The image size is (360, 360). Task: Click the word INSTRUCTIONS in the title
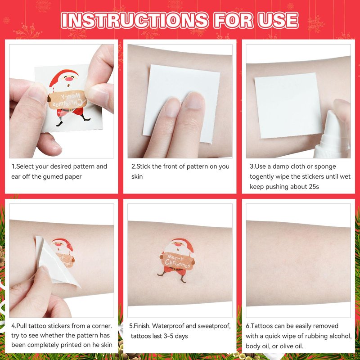(x=135, y=20)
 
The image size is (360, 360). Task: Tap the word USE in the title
(x=278, y=20)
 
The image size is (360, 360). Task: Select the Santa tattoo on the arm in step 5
(x=177, y=260)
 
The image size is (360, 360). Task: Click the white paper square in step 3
(x=288, y=106)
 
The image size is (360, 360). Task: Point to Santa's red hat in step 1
(x=63, y=76)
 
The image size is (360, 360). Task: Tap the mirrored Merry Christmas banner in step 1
(x=68, y=100)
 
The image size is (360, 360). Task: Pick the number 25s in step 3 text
(x=314, y=186)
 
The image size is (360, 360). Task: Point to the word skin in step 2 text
(x=137, y=176)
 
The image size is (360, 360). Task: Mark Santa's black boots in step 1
(x=73, y=121)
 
